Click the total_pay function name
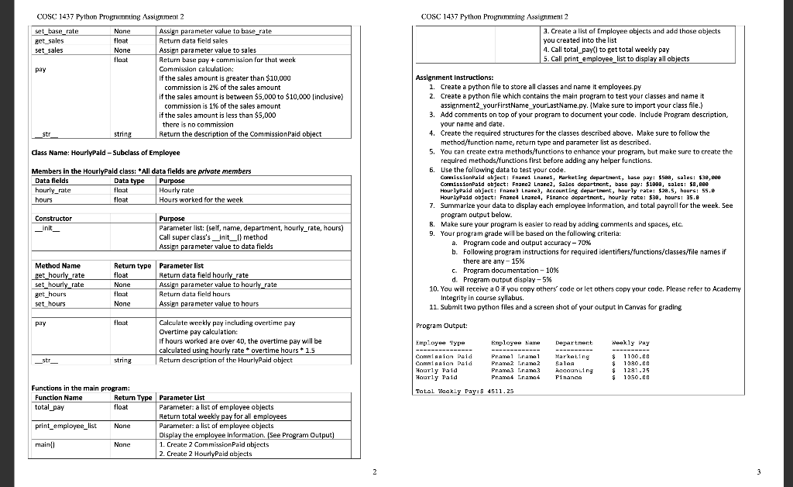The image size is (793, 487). [50, 406]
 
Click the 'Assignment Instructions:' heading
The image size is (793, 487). [454, 78]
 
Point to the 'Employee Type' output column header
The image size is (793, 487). [440, 342]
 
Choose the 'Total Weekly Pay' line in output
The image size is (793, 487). [464, 392]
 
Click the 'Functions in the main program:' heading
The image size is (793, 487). [81, 388]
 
